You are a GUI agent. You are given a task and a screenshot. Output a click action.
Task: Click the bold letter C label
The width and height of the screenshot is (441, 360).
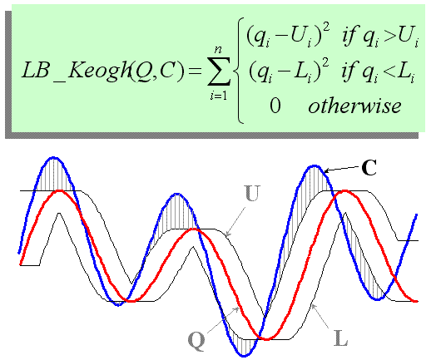pos(369,167)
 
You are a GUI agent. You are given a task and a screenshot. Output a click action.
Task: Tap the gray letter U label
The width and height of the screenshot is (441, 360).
pos(252,194)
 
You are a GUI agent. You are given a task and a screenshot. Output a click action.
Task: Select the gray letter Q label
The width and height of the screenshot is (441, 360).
pos(196,341)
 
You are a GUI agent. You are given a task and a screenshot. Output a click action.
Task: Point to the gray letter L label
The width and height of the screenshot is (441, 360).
pos(341,338)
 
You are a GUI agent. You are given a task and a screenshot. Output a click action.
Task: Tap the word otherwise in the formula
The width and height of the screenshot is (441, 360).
pos(354,106)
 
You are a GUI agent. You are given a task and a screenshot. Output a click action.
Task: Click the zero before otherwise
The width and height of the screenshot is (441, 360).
pos(275,106)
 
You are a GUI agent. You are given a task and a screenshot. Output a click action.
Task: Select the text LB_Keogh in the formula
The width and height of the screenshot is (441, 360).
pos(77,71)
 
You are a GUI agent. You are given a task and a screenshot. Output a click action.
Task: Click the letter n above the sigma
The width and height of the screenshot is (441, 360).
pos(218,50)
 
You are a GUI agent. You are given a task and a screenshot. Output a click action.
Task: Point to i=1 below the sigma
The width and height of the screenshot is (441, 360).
pos(219,96)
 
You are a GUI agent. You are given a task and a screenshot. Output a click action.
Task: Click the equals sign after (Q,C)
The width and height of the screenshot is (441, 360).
pos(196,72)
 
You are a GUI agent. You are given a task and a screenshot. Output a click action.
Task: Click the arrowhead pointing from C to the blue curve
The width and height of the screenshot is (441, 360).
pos(326,170)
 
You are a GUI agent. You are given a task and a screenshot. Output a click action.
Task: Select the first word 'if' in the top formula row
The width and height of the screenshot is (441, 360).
pos(349,37)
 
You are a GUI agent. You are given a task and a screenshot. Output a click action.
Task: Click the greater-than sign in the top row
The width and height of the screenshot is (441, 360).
pos(389,37)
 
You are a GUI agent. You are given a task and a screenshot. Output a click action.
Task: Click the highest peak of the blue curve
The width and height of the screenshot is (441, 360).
pos(53,157)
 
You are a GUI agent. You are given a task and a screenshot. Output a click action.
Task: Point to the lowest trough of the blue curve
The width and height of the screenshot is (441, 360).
pos(244,356)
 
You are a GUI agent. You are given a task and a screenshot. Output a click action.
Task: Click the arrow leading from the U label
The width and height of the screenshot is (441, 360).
pos(235,222)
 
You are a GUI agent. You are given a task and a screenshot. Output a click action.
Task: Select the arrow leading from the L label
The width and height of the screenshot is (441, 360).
pos(320,316)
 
